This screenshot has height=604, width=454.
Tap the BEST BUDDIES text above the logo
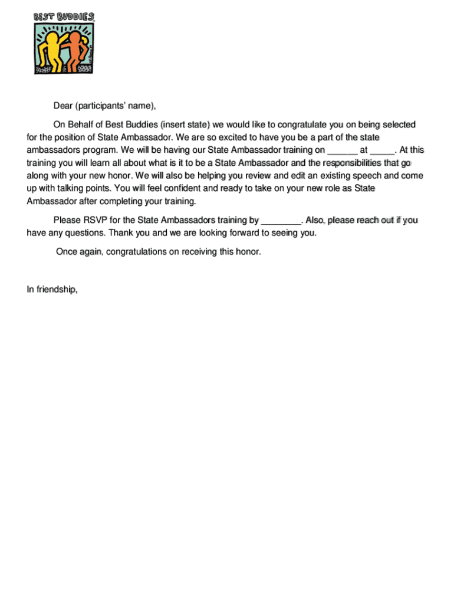(64, 17)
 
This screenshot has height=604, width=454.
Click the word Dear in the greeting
(63, 106)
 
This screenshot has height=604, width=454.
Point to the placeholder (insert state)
(185, 124)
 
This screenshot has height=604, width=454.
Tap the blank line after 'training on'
(341, 150)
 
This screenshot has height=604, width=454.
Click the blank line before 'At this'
(382, 150)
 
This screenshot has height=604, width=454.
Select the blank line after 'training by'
(281, 221)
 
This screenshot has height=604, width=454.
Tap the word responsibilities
(344, 163)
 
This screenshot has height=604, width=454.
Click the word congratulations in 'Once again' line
(143, 252)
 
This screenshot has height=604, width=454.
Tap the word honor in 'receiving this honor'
(247, 252)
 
